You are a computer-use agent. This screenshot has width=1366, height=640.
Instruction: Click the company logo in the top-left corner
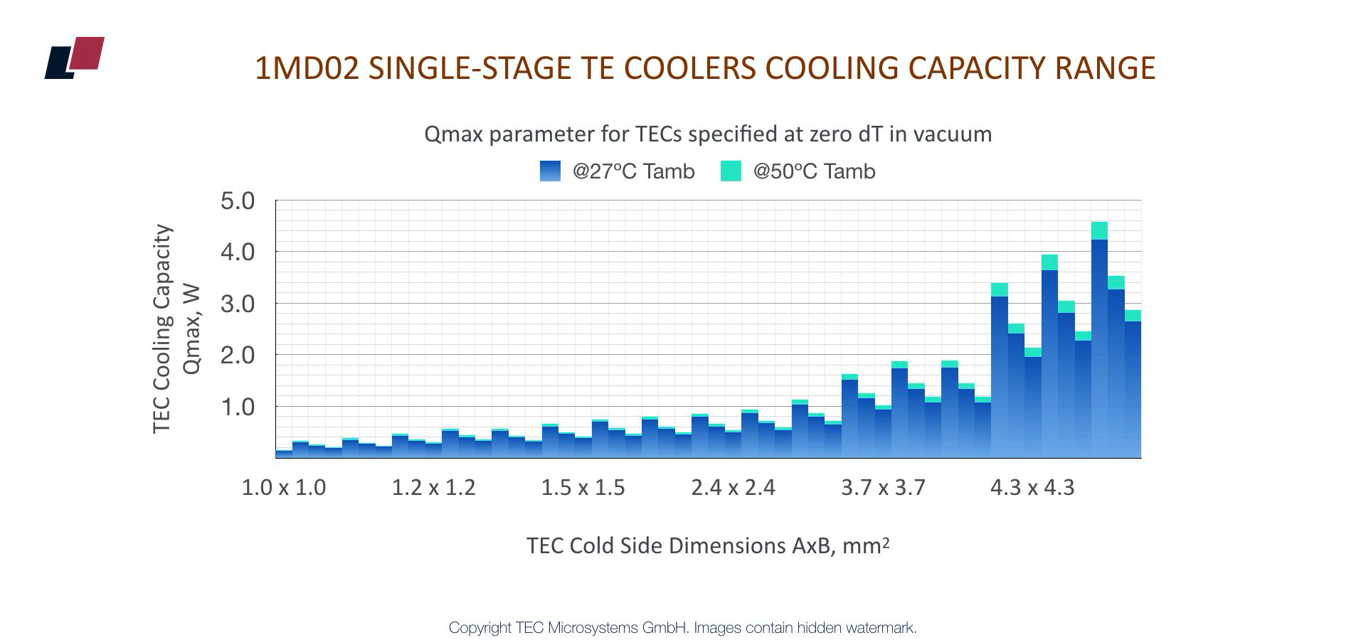tap(75, 58)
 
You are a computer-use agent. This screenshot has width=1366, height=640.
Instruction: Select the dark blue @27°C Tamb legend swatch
tap(551, 171)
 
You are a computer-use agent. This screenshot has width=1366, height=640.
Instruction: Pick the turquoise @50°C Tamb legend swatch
tap(731, 171)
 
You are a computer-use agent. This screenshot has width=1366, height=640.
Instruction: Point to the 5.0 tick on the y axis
tap(238, 201)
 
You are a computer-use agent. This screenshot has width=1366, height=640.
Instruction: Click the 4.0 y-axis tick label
tap(238, 252)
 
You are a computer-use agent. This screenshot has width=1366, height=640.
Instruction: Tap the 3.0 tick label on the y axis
tap(238, 304)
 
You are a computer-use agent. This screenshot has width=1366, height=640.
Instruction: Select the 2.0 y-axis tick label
tap(238, 356)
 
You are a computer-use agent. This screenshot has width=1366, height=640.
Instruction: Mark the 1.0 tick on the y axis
tap(238, 407)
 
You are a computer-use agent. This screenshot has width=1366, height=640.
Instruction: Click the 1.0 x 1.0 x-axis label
tap(284, 488)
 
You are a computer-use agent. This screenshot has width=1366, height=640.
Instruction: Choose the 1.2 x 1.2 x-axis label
tap(433, 488)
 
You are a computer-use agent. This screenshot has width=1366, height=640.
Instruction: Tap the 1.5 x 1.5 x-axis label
tap(583, 488)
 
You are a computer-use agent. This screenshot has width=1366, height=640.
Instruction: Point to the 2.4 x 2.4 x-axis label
tap(733, 488)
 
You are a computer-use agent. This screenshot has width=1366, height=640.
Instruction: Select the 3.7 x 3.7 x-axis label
tap(883, 488)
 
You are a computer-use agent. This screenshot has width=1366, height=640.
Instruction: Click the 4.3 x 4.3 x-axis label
tap(1032, 488)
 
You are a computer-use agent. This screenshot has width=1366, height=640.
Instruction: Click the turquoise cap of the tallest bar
tap(1099, 230)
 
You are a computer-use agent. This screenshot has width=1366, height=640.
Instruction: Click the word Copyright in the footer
tap(480, 628)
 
